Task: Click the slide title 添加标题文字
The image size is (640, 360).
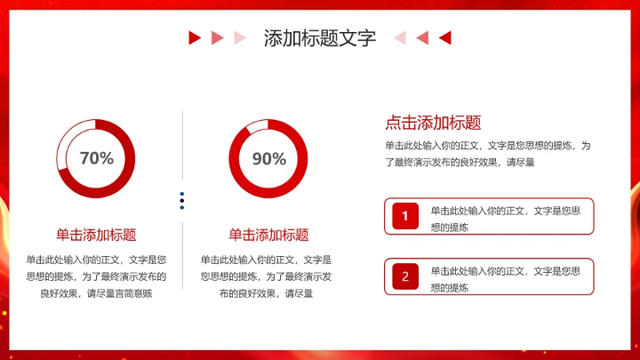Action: coord(320,38)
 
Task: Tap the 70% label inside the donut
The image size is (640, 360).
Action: coord(97,158)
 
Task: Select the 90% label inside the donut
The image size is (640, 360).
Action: coord(268,158)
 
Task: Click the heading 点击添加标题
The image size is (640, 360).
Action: coord(433,124)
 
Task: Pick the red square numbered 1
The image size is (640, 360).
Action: coord(404,216)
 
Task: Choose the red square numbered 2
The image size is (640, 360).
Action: coord(404,276)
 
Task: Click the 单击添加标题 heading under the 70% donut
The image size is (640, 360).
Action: coord(96,235)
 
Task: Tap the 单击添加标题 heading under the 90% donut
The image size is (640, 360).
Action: coord(268,235)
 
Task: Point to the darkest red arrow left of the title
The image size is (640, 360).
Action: coord(194,37)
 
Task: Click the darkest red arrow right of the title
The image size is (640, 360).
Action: coord(446,37)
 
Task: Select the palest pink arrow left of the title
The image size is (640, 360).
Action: coord(239,37)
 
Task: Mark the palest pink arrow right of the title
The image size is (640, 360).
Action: coord(400,37)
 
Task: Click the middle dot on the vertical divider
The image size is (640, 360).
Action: coord(182,201)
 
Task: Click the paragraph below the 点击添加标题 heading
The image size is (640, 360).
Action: coord(487,153)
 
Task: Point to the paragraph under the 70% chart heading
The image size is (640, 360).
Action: coord(96,276)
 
